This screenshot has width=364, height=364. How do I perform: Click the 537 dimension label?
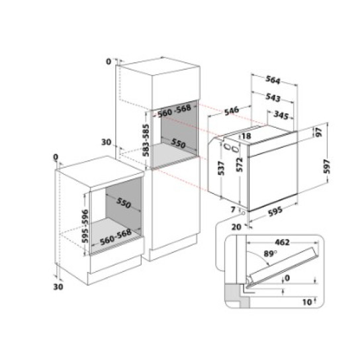pyautogui.click(x=223, y=173)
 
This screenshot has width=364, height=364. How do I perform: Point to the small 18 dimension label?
pyautogui.click(x=246, y=136)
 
